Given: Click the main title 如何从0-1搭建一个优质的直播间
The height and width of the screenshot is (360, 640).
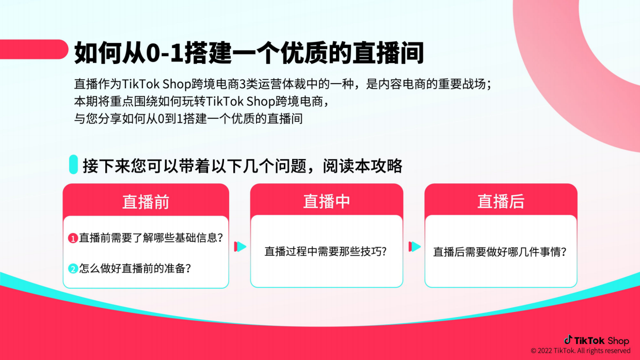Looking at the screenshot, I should click(x=248, y=53).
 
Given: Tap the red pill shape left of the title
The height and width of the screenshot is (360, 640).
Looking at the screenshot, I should click(x=33, y=50).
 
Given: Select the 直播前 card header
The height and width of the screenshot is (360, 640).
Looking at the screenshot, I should click(x=146, y=201).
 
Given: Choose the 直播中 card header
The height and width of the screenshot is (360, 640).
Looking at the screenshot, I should click(x=326, y=201).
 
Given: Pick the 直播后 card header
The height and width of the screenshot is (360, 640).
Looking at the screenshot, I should click(x=501, y=201).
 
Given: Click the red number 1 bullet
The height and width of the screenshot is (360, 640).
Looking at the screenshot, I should click(x=73, y=238).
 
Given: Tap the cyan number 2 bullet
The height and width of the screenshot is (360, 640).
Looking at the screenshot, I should click(x=73, y=269).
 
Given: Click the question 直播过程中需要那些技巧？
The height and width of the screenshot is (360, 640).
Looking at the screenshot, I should click(x=326, y=252).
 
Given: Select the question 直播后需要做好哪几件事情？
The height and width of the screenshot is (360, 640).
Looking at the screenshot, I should click(x=500, y=252).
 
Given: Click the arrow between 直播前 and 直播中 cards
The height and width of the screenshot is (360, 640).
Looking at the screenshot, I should click(x=240, y=247).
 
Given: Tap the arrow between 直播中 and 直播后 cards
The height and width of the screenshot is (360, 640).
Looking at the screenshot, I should click(x=414, y=247).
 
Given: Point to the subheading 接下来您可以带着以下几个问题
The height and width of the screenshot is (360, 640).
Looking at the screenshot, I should click(x=243, y=166).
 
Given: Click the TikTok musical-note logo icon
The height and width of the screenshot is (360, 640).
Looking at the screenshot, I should click(x=568, y=339).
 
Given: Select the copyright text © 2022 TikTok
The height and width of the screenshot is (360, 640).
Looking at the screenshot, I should click(x=581, y=351).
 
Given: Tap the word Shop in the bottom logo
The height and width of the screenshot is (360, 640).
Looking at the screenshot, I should click(x=618, y=340).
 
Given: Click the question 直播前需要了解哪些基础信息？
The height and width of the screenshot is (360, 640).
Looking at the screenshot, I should click(x=151, y=238).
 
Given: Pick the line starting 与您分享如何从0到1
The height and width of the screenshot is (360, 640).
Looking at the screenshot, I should click(x=188, y=118).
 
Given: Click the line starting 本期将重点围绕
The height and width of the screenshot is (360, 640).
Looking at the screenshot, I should click(x=201, y=101).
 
